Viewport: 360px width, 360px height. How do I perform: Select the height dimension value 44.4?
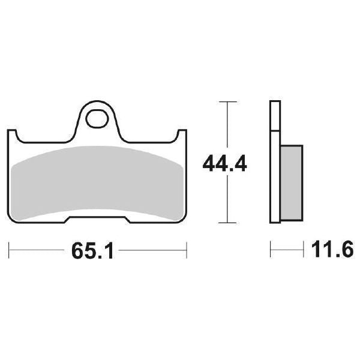click(225, 163)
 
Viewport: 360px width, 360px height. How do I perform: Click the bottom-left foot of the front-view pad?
click(39, 219)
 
